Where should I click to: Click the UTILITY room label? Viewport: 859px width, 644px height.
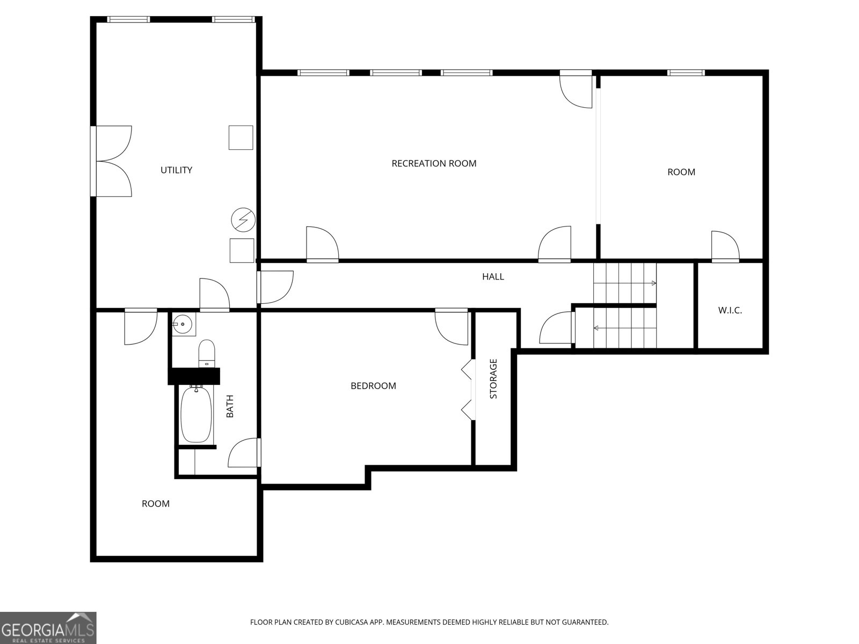click(176, 170)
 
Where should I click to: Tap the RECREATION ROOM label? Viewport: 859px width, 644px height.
click(434, 163)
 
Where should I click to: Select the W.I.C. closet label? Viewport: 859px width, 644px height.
click(730, 310)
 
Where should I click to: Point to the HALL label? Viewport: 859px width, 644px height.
click(493, 277)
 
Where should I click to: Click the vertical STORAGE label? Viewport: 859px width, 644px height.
click(493, 379)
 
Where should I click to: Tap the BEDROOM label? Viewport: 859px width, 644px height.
click(373, 386)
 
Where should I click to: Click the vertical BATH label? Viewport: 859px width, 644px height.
click(230, 406)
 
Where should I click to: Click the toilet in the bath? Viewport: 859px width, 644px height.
click(207, 353)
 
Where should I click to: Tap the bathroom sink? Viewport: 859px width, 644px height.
click(183, 325)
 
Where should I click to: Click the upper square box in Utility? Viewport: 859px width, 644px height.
click(241, 137)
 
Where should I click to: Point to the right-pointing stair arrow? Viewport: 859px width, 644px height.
click(653, 283)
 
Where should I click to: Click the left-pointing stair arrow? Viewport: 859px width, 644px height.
click(596, 328)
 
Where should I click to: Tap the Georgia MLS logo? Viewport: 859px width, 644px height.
click(48, 627)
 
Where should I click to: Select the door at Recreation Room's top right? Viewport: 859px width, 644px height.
click(577, 90)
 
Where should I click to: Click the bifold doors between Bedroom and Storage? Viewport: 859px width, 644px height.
click(468, 389)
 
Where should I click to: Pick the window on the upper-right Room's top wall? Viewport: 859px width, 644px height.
click(686, 72)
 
